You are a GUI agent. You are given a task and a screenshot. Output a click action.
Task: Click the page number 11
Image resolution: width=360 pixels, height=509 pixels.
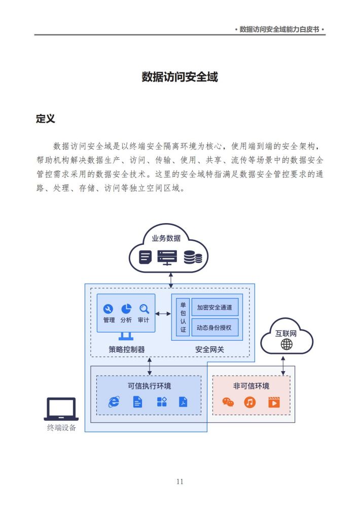tap(180, 482)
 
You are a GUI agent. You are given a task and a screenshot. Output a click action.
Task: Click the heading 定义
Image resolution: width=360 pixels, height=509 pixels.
tap(46, 119)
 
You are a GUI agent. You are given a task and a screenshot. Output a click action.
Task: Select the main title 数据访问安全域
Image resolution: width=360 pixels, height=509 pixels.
tap(180, 77)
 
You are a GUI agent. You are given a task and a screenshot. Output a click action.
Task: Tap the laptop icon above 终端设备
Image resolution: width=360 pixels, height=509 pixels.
tap(61, 409)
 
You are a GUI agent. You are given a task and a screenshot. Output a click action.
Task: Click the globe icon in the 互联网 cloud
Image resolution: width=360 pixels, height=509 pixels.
tap(286, 344)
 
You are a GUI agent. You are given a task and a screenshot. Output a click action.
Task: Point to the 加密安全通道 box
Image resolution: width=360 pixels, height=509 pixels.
tap(214, 307)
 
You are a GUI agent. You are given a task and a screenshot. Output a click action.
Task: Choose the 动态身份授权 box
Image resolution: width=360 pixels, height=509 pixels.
tap(214, 328)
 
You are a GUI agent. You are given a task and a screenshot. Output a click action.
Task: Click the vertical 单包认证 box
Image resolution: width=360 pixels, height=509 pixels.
tap(183, 317)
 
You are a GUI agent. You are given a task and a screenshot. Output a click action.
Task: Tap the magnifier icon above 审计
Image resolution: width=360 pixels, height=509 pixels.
tap(144, 309)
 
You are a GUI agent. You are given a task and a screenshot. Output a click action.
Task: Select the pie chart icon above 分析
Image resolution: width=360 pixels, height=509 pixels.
tap(126, 309)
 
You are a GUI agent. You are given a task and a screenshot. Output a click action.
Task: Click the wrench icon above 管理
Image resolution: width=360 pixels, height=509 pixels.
tap(108, 309)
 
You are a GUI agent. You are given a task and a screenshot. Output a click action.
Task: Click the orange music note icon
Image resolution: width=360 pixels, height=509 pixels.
tap(249, 403)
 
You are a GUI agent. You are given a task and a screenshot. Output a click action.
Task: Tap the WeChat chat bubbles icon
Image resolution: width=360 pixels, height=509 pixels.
tap(228, 403)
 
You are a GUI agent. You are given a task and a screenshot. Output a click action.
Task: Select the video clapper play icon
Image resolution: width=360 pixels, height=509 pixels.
tap(274, 402)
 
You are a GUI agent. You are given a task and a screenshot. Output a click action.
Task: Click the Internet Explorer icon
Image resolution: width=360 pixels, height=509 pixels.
tap(114, 402)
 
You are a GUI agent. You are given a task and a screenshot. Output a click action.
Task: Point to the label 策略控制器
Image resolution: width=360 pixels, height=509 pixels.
tap(127, 350)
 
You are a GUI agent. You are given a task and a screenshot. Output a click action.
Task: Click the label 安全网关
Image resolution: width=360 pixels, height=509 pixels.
tap(210, 350)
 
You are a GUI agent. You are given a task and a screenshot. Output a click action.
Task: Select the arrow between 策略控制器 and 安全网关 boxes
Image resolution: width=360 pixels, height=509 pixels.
tap(163, 314)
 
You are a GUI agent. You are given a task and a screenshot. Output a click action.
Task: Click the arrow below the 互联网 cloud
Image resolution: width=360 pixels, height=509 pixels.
tap(283, 366)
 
